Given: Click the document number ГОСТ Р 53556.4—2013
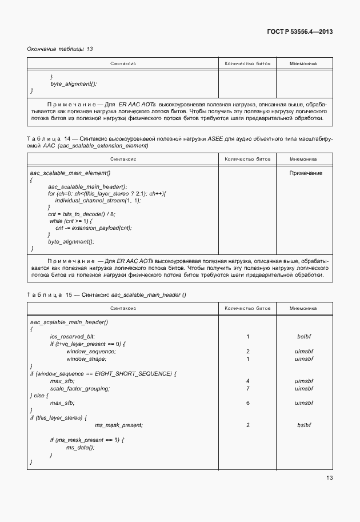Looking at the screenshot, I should click(x=299, y=31).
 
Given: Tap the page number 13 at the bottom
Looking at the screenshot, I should click(x=329, y=478).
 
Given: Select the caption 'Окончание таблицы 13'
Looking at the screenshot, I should click(x=60, y=49).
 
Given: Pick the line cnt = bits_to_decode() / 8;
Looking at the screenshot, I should click(x=81, y=214).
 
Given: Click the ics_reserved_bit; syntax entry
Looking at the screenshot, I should click(x=72, y=337).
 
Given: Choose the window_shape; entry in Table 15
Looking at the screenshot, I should click(x=86, y=358).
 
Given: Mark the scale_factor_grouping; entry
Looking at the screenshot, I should click(x=79, y=388).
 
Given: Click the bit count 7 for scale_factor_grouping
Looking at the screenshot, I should click(x=247, y=388).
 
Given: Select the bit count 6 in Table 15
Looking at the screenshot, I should click(x=247, y=403).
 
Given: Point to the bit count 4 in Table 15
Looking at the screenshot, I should click(x=247, y=381).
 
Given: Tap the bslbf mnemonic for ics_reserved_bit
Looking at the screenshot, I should click(x=303, y=337).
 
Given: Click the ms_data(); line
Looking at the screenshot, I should click(x=80, y=447).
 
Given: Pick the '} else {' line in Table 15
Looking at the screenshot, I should click(x=39, y=396).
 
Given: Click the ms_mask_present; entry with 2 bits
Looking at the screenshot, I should click(x=118, y=425).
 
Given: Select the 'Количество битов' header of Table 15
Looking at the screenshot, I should click(x=247, y=308).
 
